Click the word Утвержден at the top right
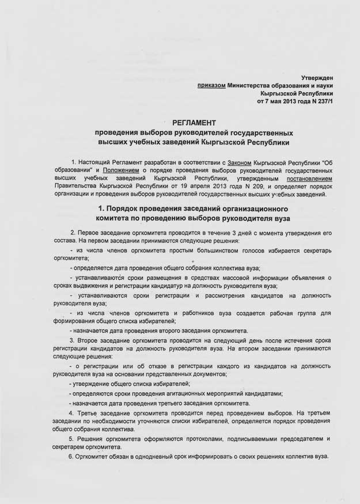coord(317,77)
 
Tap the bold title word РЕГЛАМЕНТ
coord(194,123)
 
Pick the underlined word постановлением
coord(309,179)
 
